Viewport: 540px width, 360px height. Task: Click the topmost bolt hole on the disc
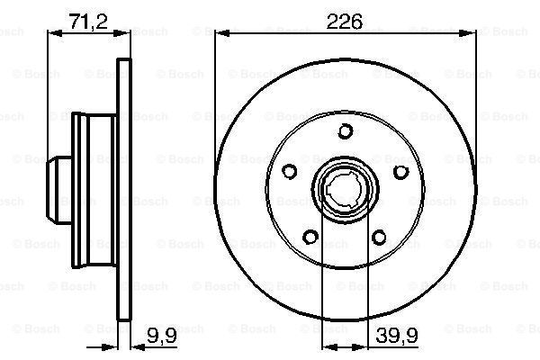tap(346, 132)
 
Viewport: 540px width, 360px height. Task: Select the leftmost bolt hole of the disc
tap(290, 172)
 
